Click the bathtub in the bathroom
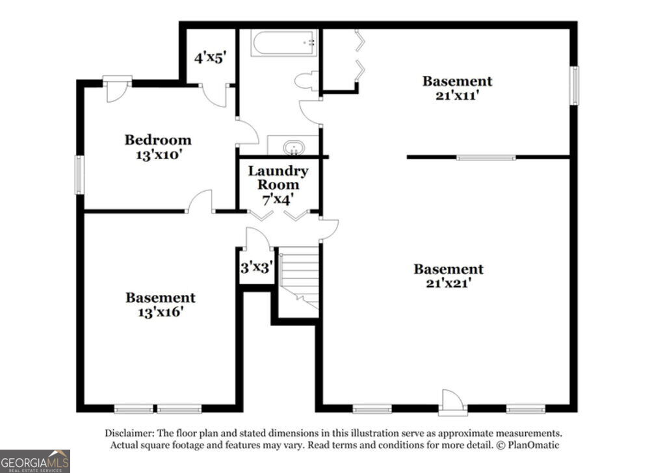pos(284,43)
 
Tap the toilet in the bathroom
pos(307,81)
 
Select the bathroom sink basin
pos(294,147)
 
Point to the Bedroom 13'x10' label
pos(158,147)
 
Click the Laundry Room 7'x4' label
pos(278,185)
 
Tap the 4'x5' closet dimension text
pos(211,57)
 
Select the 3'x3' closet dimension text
pos(257,267)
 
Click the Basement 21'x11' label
pos(457,88)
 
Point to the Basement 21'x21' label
pos(448,276)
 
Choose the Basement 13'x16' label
pos(161,305)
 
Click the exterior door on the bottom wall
pos(452,402)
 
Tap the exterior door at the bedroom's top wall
pos(117,88)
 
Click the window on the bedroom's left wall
pos(79,174)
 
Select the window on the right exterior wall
pos(575,86)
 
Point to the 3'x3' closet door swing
pos(259,238)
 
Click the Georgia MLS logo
pos(35,461)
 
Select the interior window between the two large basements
pos(486,157)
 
